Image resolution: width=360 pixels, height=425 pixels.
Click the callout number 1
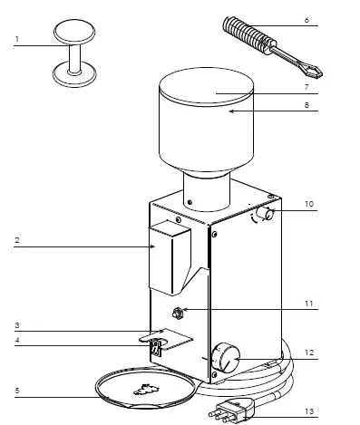(17, 39)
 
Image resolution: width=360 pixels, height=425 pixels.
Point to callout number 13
(309, 411)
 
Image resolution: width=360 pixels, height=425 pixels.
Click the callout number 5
(17, 391)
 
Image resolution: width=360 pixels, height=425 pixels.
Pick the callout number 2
(17, 242)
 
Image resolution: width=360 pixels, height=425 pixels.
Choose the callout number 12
(309, 353)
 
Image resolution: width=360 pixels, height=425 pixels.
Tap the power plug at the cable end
(232, 411)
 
